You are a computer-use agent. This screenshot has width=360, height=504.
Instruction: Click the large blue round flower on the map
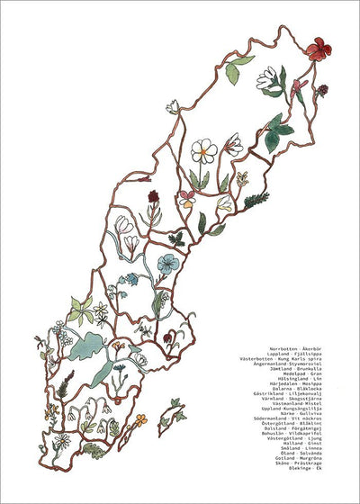pos(167,263)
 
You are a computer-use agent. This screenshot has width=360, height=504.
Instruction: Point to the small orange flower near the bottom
pos(140,419)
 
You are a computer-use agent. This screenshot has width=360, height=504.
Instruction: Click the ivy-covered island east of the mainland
pos(170,417)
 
